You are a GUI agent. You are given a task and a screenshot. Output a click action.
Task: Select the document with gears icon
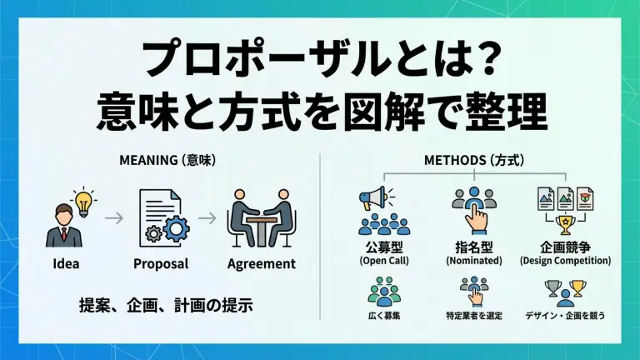click(x=162, y=219)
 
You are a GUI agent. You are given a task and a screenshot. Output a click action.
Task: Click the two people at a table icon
click(x=261, y=222)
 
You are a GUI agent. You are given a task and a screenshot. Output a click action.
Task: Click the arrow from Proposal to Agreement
click(x=212, y=219)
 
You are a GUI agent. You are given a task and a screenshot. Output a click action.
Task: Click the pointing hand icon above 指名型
click(x=477, y=218)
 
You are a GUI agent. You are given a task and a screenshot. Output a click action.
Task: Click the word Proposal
click(x=161, y=264)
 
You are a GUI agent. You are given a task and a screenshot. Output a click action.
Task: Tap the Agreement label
click(x=261, y=264)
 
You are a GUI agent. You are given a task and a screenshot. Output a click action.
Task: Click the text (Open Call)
click(x=384, y=261)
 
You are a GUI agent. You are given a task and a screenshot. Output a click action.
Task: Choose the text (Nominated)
click(x=475, y=261)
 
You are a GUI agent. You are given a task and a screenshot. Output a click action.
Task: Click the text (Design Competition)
click(x=565, y=261)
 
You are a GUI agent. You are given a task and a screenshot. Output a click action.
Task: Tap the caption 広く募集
click(x=384, y=316)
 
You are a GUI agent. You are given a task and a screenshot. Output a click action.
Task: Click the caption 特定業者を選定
click(x=474, y=316)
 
